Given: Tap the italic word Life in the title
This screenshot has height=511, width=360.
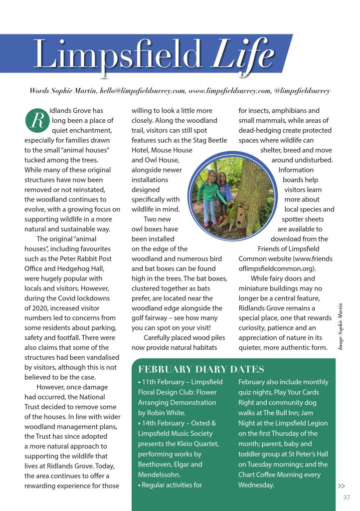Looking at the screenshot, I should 242,54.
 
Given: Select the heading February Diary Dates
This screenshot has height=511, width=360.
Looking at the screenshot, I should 200,370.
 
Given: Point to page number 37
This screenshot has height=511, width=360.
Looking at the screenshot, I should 347,497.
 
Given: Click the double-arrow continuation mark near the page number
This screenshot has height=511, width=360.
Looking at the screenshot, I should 342,486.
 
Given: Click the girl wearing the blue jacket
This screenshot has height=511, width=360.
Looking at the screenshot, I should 225,195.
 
